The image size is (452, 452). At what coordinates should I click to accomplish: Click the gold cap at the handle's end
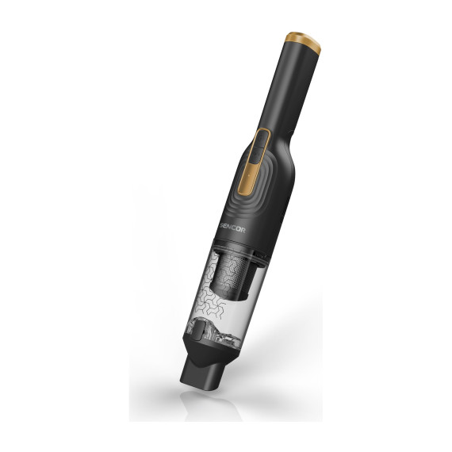pos(303,42)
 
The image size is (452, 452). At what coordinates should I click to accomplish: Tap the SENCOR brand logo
pos(231,228)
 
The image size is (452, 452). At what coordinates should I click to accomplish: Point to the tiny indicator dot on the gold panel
pos(248,175)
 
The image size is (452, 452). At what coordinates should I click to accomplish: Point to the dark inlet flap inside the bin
pos(198,331)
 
